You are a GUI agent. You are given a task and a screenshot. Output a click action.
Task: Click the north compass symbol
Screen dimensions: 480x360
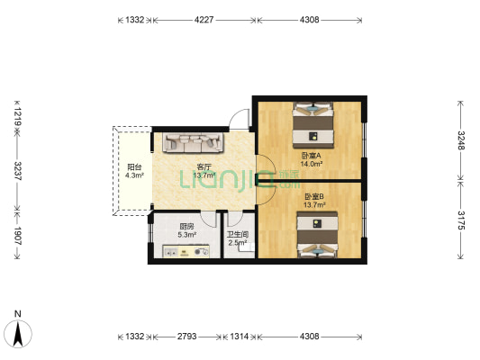(x=18, y=333)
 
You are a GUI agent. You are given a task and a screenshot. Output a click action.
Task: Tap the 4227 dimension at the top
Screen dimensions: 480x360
(x=204, y=20)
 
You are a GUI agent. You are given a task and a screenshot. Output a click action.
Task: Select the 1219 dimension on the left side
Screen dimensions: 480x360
(x=17, y=117)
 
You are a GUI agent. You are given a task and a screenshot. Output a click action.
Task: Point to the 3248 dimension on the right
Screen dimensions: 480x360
(x=461, y=140)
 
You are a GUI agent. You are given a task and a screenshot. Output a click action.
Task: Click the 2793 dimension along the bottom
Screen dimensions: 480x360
(x=186, y=337)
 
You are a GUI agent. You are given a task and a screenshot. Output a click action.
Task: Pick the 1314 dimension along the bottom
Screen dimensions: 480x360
(x=239, y=337)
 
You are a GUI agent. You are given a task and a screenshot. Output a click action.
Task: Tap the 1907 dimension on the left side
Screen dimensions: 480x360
(x=17, y=236)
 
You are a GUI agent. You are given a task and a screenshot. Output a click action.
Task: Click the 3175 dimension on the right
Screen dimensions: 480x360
(x=461, y=220)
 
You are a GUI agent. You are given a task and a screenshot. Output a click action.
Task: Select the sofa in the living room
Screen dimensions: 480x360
(x=193, y=142)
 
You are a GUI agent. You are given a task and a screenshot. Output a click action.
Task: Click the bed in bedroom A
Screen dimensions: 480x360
(x=312, y=125)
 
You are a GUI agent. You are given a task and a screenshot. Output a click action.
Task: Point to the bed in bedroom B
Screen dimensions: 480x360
(x=318, y=235)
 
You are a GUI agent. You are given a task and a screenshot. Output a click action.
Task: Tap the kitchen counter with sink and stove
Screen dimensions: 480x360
(x=186, y=251)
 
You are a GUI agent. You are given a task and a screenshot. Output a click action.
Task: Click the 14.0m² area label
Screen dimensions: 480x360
(x=311, y=164)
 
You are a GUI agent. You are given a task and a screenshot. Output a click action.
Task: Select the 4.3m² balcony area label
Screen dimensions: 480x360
(x=134, y=175)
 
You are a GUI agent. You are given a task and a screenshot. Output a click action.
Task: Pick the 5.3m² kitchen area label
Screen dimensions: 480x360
(x=187, y=235)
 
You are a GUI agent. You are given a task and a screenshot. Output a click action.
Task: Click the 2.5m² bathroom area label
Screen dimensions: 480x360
(x=238, y=243)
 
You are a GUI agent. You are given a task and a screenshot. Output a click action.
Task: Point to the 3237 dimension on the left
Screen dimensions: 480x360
(x=17, y=171)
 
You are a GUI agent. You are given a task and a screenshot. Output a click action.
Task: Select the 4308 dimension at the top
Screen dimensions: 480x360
(x=309, y=20)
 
